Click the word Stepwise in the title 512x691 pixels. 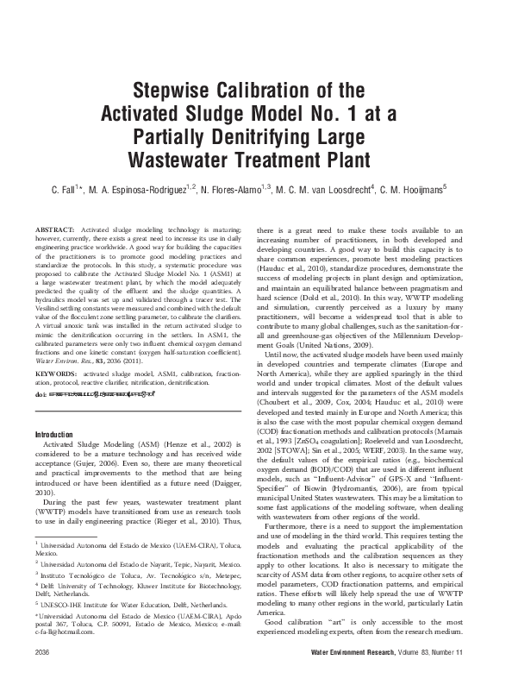[165, 91]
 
